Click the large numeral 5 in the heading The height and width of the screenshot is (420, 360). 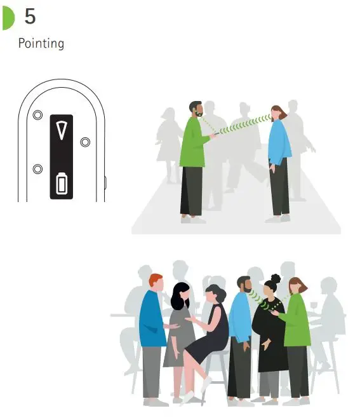coord(30,17)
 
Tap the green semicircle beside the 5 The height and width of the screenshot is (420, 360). coord(7,19)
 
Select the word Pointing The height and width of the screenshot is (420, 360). coord(41,43)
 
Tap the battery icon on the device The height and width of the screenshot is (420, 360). coord(61,184)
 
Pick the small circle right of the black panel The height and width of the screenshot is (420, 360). coord(85,142)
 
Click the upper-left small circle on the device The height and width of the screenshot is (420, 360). coord(37,115)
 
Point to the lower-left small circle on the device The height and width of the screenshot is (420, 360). coord(37,168)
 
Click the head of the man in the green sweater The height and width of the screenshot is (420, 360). coord(195,109)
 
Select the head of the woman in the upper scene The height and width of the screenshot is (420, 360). coord(277,114)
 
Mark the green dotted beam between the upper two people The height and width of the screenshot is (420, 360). coord(243,124)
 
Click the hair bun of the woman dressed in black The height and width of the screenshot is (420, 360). coord(275,278)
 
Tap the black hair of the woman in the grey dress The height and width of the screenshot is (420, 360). coord(180,295)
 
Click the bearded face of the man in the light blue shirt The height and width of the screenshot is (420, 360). coord(245,286)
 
